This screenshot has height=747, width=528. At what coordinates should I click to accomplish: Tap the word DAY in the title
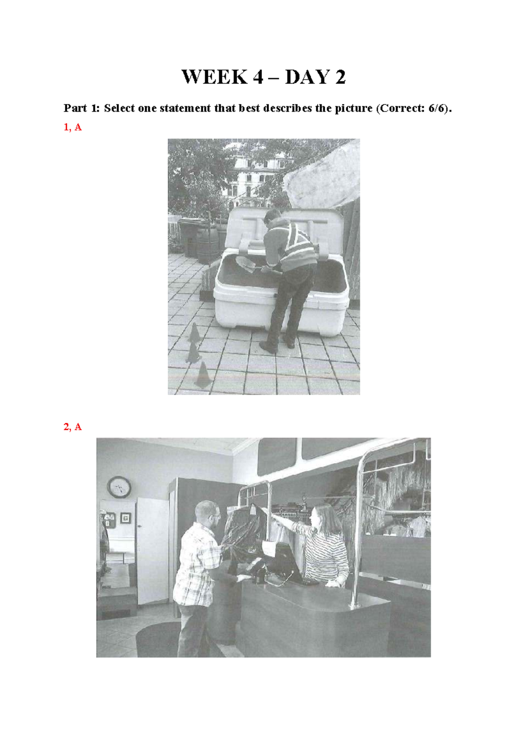coord(307,77)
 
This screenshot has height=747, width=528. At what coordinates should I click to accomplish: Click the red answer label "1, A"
coord(73,127)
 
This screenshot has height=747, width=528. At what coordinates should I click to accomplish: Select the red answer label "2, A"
coord(73,427)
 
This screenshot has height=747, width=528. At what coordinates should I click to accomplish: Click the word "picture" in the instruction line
coord(353,109)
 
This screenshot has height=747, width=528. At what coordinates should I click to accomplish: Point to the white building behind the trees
coord(253,180)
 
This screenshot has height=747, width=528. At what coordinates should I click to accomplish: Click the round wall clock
coord(119,487)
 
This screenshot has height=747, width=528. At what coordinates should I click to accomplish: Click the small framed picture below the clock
coord(125,518)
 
